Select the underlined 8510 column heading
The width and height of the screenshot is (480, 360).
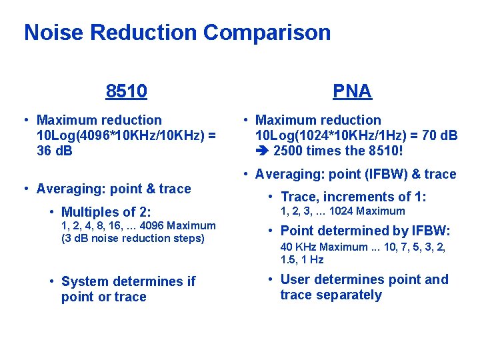point(126,91)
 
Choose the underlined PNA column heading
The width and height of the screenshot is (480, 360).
point(352,91)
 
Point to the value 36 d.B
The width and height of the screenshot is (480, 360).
point(55,151)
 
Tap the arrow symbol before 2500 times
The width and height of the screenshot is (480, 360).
point(262,151)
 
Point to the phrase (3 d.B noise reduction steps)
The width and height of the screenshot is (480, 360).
point(133,239)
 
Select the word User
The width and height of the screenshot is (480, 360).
point(296,279)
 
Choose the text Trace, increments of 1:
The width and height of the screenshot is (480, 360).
point(353,197)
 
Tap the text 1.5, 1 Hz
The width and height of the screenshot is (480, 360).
point(302,260)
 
